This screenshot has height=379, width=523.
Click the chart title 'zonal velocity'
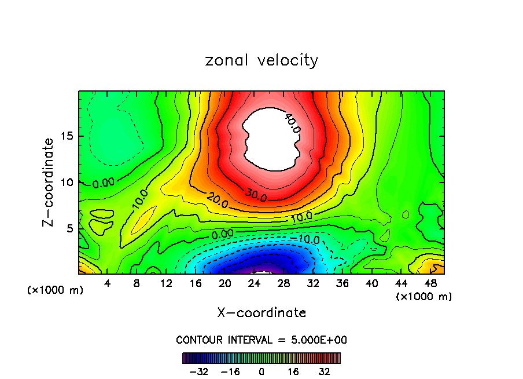[x=261, y=60]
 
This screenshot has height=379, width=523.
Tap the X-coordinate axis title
[x=261, y=313]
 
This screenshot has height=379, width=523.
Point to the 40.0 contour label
[x=292, y=123]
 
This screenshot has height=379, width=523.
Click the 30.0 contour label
[x=255, y=195]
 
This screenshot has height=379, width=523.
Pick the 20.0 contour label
[x=217, y=201]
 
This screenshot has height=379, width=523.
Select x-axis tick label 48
[x=430, y=283]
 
